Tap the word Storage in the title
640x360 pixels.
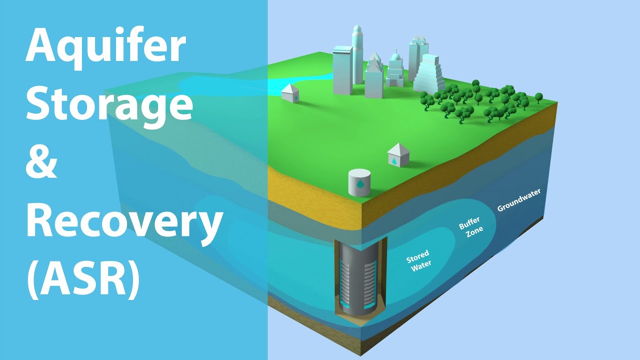tap(109, 105)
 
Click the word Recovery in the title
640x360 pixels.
tap(124, 222)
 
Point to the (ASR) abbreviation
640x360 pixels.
tap(83, 276)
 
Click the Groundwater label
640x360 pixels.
tap(519, 199)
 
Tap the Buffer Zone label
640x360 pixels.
tap(471, 227)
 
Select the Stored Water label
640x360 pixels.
tap(419, 260)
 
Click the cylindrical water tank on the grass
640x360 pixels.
tap(359, 182)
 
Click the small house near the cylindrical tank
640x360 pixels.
tap(398, 154)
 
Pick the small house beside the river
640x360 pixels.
tap(290, 93)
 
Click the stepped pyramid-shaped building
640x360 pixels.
tap(428, 75)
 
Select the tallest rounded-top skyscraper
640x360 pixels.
tap(357, 54)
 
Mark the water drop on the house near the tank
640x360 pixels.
tap(394, 161)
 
